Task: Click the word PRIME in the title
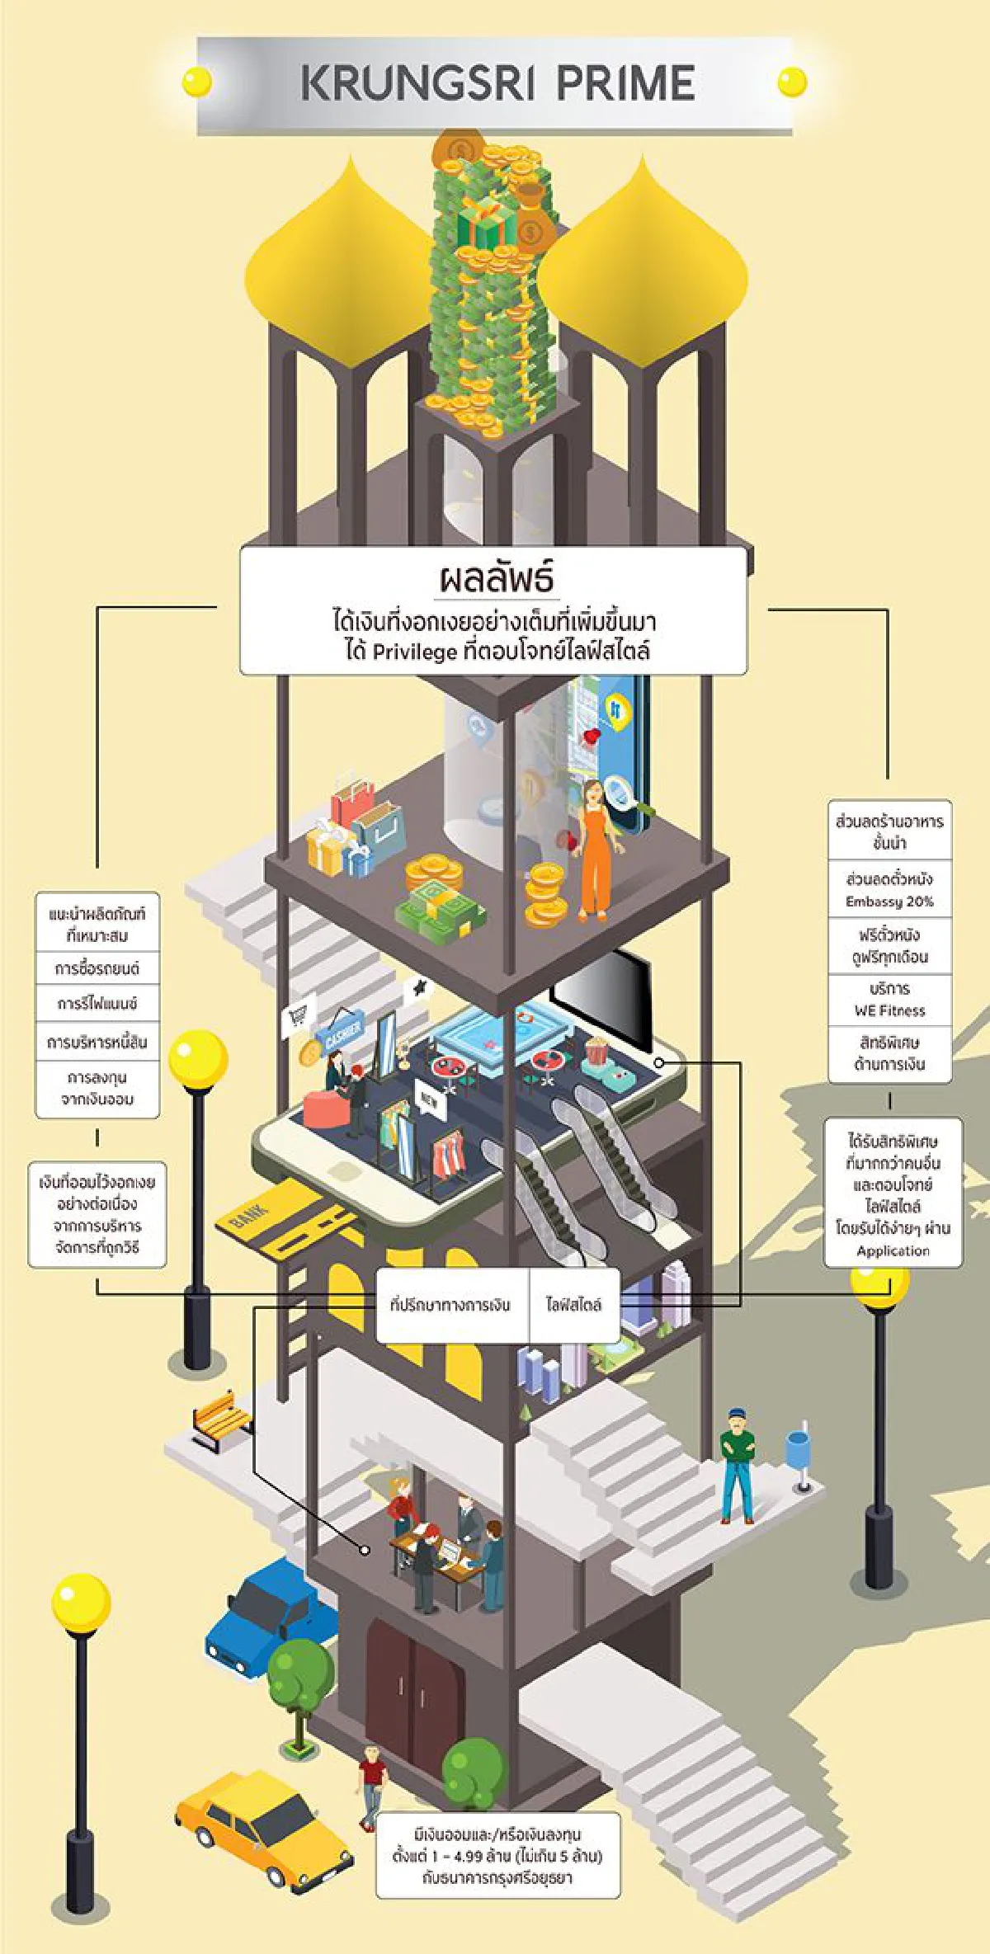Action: click(625, 83)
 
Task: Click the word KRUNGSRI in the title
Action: click(417, 83)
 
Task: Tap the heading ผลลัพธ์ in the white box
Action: click(495, 578)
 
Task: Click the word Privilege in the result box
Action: click(414, 652)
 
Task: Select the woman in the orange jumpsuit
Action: click(596, 850)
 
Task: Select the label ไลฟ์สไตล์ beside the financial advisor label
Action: click(573, 1304)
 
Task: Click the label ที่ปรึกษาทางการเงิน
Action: click(450, 1304)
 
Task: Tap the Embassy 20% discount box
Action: click(889, 889)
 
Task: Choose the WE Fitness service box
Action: click(889, 999)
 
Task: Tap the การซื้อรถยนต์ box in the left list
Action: click(97, 968)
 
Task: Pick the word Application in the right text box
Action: click(893, 1250)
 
